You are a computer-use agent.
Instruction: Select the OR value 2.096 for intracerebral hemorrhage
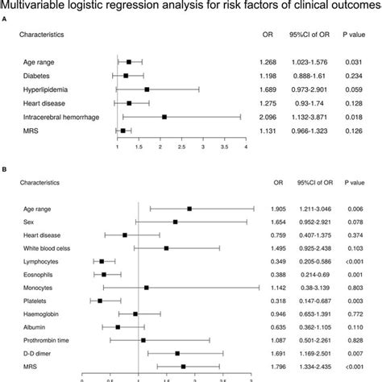point(268,116)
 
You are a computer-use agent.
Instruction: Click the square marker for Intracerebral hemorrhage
point(164,117)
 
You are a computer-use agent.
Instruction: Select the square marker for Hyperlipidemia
point(147,89)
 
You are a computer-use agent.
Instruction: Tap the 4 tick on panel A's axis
point(245,146)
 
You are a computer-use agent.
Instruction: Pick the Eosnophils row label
point(35,274)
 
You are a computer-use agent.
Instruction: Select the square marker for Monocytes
point(146,288)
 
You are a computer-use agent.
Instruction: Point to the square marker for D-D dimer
point(177,353)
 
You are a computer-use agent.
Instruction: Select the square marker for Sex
point(176,222)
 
